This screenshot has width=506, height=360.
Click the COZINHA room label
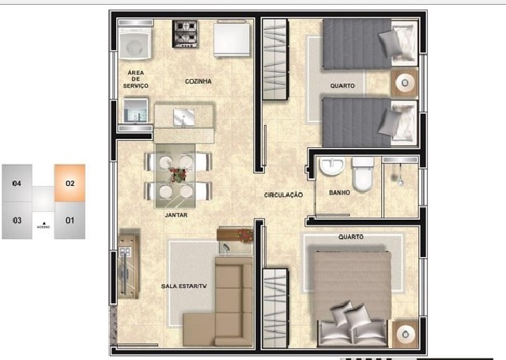tap(198, 81)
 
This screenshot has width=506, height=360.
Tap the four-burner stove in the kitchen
tap(185, 34)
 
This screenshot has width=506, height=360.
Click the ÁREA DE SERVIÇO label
tap(135, 79)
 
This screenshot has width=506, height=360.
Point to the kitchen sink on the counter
tap(184, 117)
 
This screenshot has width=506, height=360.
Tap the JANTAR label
tap(176, 214)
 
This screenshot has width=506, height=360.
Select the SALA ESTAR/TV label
tap(184, 286)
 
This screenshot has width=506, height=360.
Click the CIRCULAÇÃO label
tap(283, 195)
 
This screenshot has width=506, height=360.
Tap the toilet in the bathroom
tap(363, 174)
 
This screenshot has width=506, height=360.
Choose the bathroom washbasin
tap(332, 166)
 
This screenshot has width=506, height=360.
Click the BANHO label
tap(339, 193)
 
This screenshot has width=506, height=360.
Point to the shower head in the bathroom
tap(401, 183)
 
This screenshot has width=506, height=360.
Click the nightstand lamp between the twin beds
tap(404, 83)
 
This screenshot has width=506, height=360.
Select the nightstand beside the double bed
tap(406, 335)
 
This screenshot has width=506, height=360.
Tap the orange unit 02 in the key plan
tap(70, 183)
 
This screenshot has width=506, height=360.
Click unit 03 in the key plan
tap(17, 221)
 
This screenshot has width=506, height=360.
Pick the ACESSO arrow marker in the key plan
tap(44, 223)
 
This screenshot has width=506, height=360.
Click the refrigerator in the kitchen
tap(232, 39)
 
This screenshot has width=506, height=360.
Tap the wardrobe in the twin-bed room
tap(275, 59)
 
